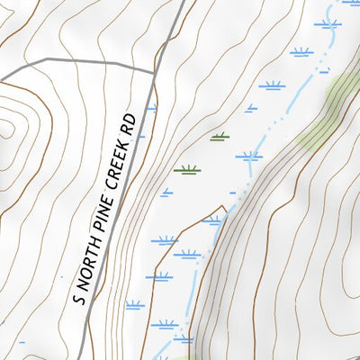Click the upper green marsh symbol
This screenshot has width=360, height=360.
click(219, 137)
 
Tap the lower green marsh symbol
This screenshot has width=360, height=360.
click(186, 169)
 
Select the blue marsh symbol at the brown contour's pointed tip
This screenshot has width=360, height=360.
click(212, 220)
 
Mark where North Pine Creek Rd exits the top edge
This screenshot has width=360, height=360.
click(183, 2)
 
